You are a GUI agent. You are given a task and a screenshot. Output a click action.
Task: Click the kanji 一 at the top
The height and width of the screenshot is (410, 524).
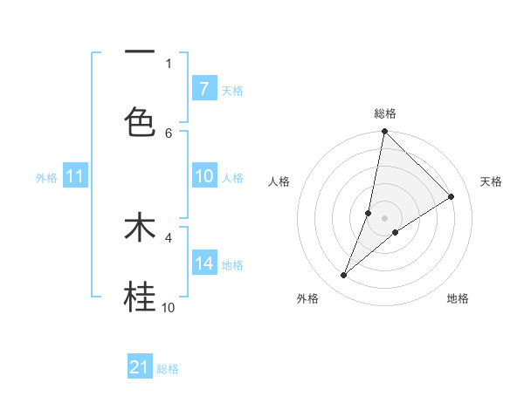click(x=140, y=52)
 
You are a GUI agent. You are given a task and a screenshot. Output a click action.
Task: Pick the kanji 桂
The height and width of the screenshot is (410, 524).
click(x=140, y=297)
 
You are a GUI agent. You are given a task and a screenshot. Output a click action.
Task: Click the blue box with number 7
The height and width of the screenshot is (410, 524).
click(x=203, y=88)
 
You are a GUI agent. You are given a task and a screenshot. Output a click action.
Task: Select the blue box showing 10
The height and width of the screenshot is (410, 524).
click(x=203, y=176)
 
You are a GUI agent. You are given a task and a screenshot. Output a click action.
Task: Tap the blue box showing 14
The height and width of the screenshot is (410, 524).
click(x=203, y=263)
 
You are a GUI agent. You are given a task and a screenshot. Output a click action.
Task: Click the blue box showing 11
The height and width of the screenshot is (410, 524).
click(x=75, y=176)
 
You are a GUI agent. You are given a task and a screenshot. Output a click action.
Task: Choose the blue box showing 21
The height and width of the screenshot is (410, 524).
click(x=140, y=367)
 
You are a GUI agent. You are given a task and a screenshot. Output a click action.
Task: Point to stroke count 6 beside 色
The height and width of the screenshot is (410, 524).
click(x=169, y=133)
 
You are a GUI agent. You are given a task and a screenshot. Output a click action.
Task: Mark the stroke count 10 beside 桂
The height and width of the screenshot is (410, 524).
click(x=169, y=307)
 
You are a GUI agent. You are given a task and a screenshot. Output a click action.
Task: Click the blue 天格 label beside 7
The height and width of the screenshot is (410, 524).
click(x=232, y=90)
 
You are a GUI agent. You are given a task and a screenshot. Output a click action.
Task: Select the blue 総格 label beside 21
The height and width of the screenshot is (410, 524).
click(x=168, y=369)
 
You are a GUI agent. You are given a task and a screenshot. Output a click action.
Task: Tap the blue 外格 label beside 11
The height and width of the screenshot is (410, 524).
click(x=46, y=178)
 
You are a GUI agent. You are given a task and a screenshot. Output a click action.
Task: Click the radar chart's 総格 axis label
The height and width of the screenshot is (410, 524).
click(x=385, y=113)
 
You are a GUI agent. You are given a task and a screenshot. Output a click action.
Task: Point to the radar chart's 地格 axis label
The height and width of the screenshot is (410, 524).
click(x=458, y=298)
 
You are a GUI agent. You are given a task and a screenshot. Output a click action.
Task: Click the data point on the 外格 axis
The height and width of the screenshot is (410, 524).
click(x=344, y=276)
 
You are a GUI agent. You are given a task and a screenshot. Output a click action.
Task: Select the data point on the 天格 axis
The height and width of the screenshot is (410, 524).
click(x=452, y=196)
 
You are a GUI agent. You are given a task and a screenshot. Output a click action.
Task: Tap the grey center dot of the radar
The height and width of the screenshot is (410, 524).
click(x=385, y=218)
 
